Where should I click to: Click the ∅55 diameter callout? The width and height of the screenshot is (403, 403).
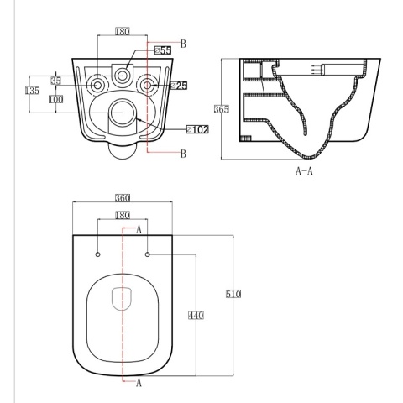(163, 51)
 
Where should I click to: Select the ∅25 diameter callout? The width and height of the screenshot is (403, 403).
(178, 85)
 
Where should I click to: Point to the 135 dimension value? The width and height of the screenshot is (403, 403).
(33, 91)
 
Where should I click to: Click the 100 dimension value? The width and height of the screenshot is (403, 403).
(55, 99)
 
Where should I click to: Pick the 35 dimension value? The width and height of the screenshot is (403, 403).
(55, 81)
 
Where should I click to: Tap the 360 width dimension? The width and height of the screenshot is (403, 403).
(123, 197)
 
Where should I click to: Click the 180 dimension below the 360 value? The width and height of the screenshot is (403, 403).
(123, 216)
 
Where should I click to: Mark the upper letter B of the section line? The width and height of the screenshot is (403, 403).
(183, 43)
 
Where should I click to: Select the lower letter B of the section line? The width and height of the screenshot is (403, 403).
(183, 153)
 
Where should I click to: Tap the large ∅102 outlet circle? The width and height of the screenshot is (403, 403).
(124, 112)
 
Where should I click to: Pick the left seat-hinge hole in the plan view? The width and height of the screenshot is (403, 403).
(98, 254)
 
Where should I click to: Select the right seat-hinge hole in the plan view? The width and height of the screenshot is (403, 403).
(148, 254)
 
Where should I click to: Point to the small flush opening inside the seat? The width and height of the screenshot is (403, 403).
(123, 297)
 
